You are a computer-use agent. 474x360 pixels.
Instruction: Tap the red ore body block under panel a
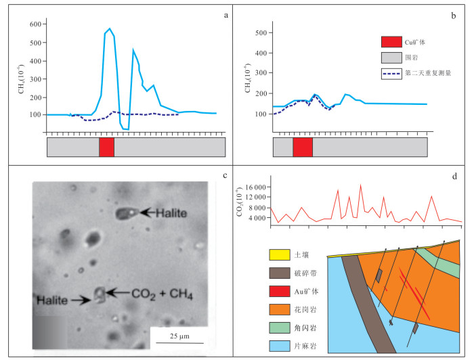(106, 147)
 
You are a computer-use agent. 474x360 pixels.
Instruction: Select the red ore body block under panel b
(303, 147)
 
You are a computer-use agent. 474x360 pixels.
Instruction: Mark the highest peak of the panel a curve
(110, 28)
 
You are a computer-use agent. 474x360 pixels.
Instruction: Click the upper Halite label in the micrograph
(166, 213)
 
